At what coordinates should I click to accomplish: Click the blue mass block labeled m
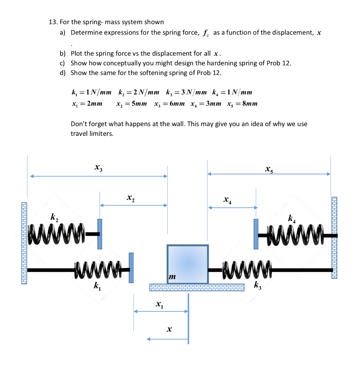[x=188, y=264]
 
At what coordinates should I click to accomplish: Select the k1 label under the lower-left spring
[x=97, y=286]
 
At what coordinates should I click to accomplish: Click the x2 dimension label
[x=130, y=197]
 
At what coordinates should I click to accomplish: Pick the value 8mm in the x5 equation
[x=250, y=104]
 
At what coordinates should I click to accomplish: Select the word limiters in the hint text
[x=103, y=133]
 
